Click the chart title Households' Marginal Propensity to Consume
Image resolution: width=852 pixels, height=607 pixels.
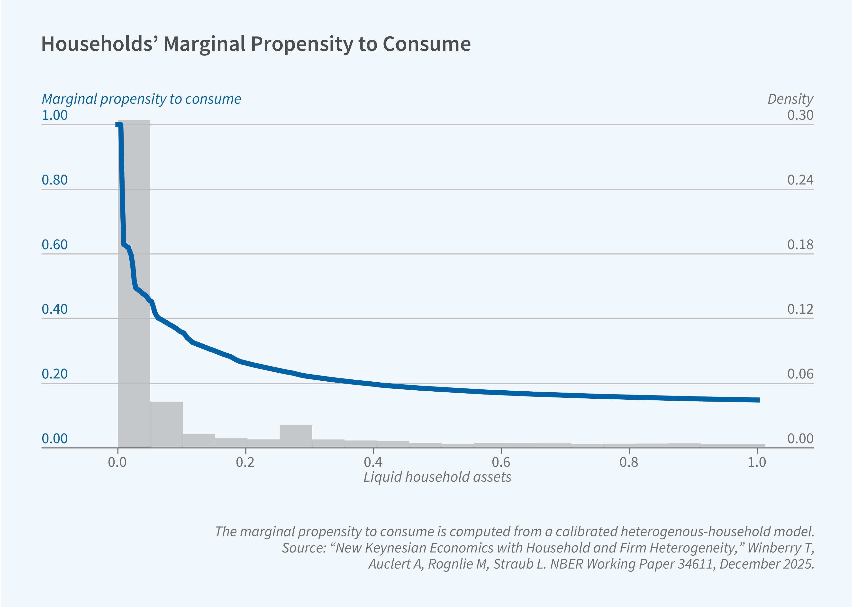pyautogui.click(x=256, y=44)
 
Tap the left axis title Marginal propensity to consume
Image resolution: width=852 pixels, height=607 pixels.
pyautogui.click(x=141, y=99)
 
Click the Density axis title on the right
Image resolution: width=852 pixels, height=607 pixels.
pyautogui.click(x=790, y=99)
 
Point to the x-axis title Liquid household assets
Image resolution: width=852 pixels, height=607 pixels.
pyautogui.click(x=437, y=477)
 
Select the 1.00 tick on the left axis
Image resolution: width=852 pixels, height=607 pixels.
pyautogui.click(x=54, y=115)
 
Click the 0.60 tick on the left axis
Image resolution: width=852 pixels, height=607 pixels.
pyautogui.click(x=54, y=245)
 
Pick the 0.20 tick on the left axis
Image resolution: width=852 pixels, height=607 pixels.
pyautogui.click(x=54, y=374)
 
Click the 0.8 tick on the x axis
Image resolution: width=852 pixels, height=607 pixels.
pyautogui.click(x=629, y=463)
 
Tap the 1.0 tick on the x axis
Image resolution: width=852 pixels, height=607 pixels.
pyautogui.click(x=757, y=463)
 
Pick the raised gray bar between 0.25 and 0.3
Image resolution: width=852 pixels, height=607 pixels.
pyautogui.click(x=296, y=436)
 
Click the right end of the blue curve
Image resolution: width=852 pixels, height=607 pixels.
pyautogui.click(x=758, y=400)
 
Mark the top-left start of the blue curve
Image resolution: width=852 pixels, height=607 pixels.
pyautogui.click(x=118, y=125)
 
